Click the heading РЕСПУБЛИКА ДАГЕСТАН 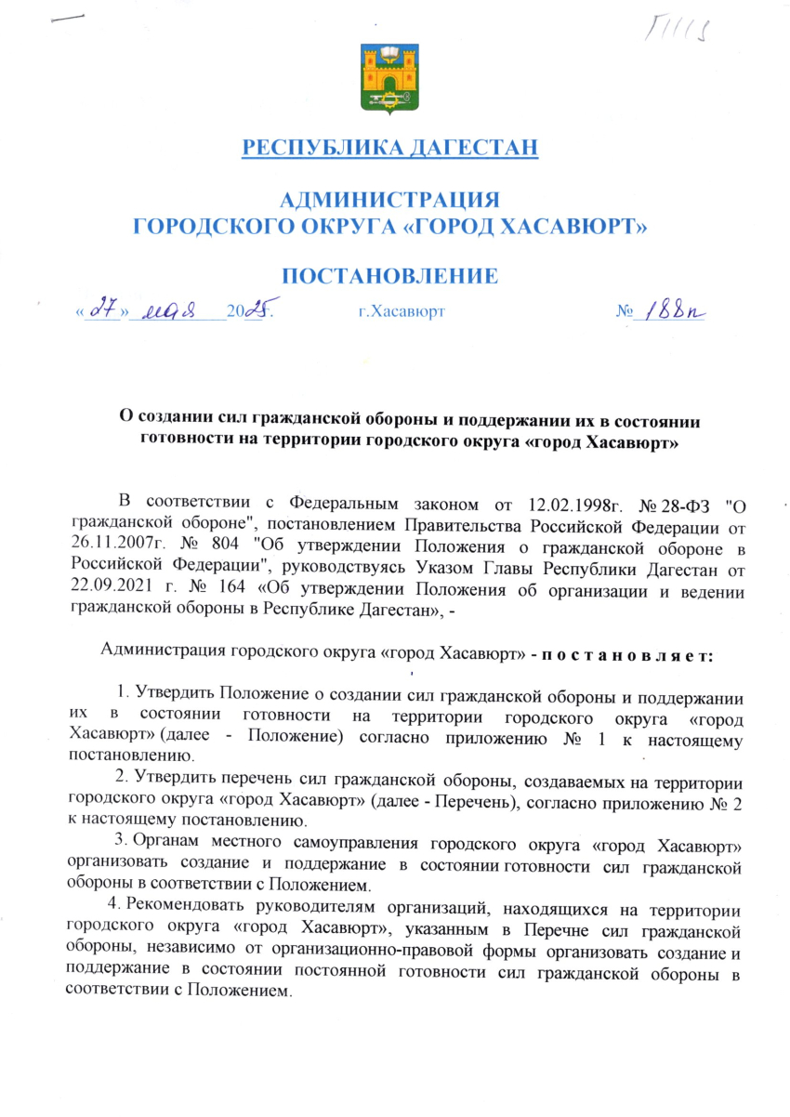(389, 147)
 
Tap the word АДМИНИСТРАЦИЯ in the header (389, 199)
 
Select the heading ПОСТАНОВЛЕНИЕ (389, 275)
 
